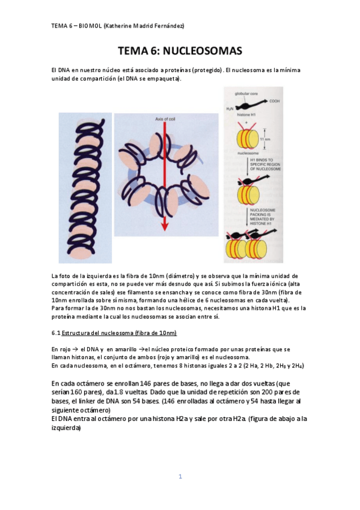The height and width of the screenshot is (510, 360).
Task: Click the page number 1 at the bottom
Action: tap(180, 477)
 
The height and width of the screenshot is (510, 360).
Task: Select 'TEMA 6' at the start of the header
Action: tap(61, 26)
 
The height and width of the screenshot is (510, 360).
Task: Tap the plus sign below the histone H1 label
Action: tap(231, 121)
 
